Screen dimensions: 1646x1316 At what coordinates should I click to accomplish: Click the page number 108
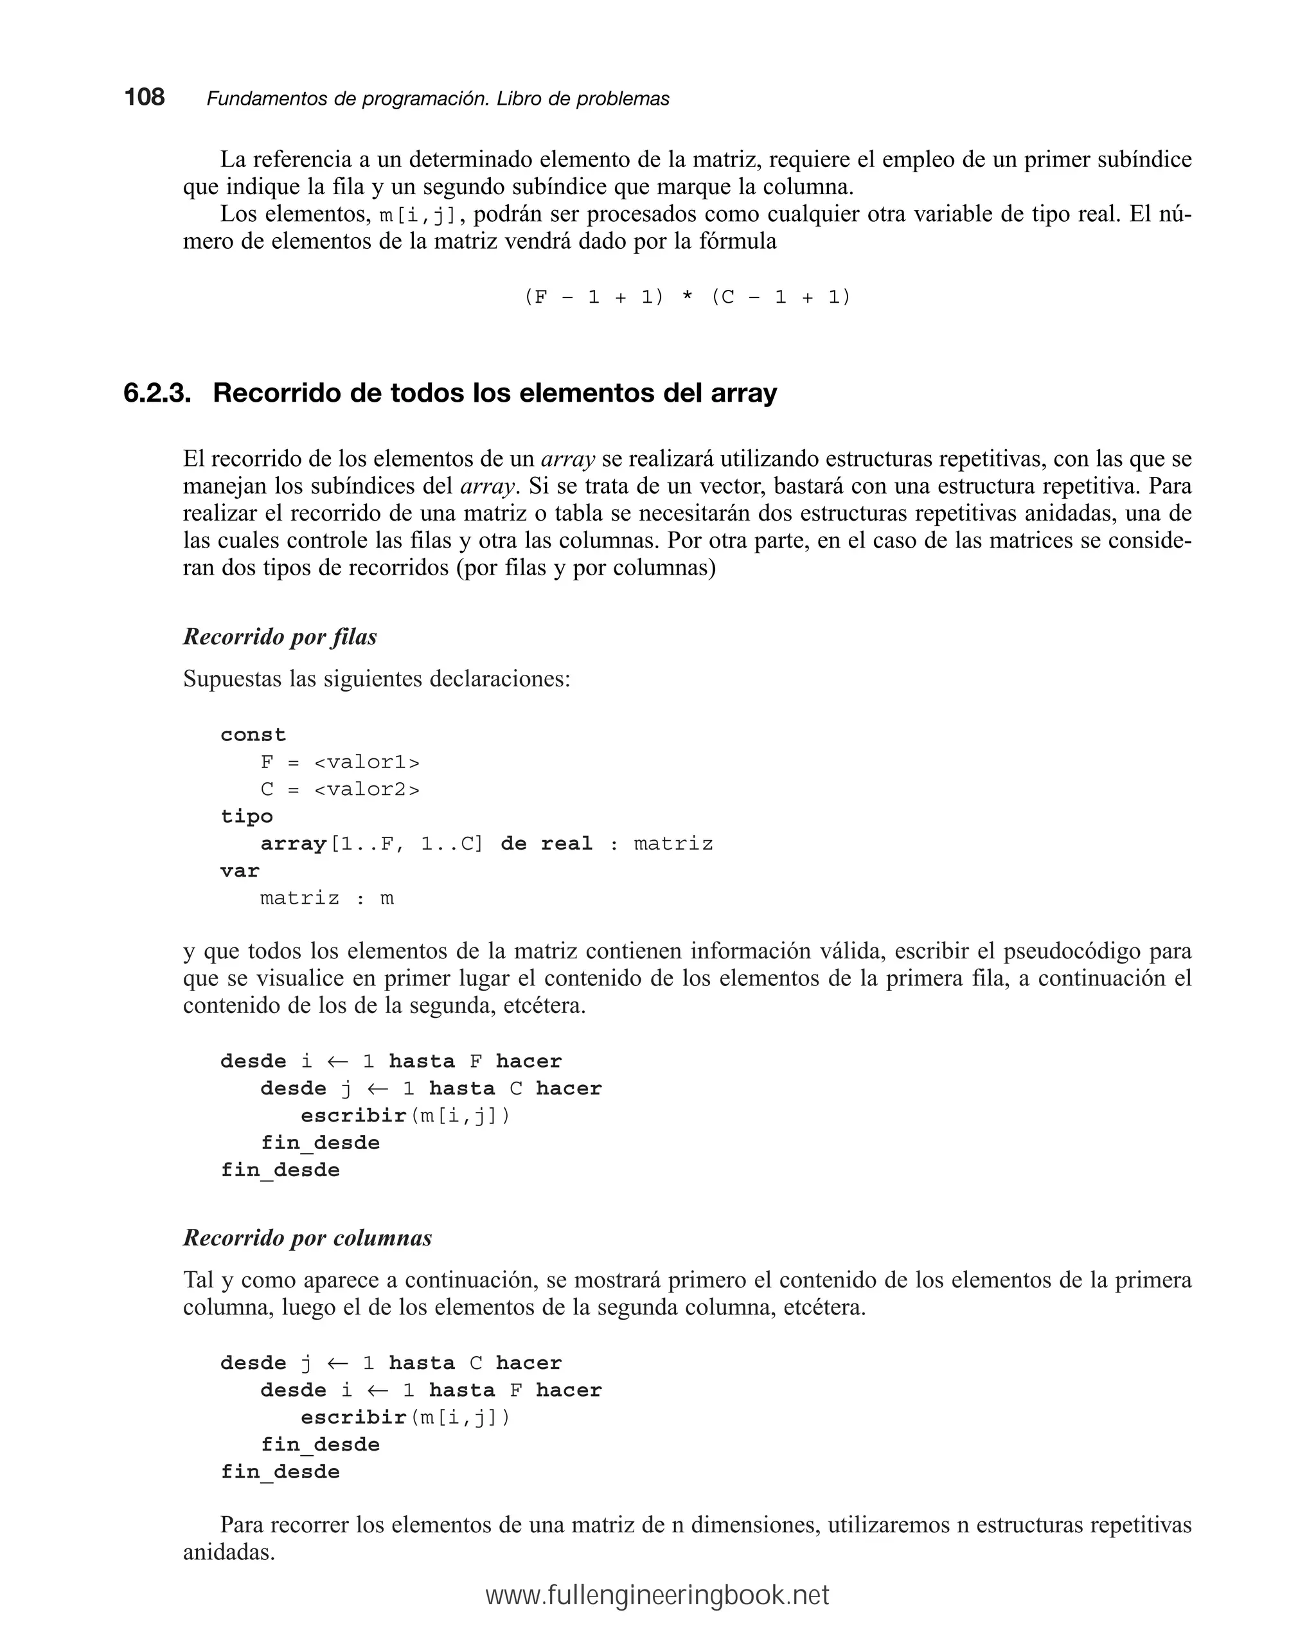(x=145, y=97)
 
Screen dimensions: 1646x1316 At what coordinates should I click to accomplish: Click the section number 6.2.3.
(x=157, y=393)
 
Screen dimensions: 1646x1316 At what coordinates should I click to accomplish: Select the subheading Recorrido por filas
(x=280, y=637)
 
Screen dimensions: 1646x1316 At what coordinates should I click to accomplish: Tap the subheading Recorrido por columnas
(x=307, y=1238)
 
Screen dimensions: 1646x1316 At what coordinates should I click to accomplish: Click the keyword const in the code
(x=253, y=735)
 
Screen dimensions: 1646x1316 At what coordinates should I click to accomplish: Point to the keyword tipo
(x=247, y=816)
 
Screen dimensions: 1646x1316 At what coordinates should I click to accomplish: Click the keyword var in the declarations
(x=240, y=870)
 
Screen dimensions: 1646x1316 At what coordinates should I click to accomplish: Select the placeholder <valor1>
(x=366, y=762)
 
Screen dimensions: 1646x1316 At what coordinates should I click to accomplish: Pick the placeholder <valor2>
(x=366, y=789)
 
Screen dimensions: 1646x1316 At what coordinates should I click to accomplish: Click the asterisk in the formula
(x=687, y=297)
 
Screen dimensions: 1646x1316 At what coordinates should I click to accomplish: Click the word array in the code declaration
(x=293, y=844)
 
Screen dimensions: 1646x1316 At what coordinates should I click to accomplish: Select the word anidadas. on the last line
(x=229, y=1552)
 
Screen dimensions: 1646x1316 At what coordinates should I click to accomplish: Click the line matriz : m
(x=326, y=898)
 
